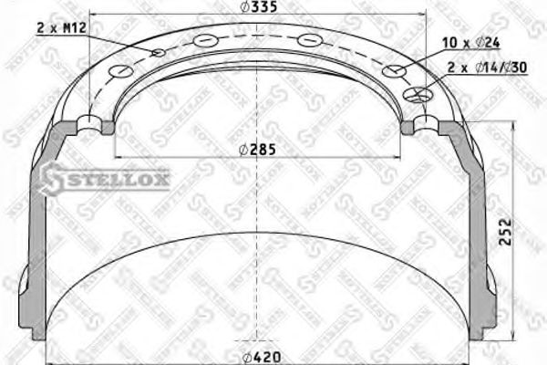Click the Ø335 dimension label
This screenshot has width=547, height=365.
[x=259, y=10]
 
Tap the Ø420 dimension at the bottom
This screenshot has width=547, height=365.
[x=260, y=355]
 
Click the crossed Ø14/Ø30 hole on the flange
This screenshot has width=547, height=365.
[x=418, y=92]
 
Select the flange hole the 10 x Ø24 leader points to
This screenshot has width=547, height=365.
[x=395, y=72]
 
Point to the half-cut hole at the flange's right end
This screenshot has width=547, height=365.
[x=425, y=123]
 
